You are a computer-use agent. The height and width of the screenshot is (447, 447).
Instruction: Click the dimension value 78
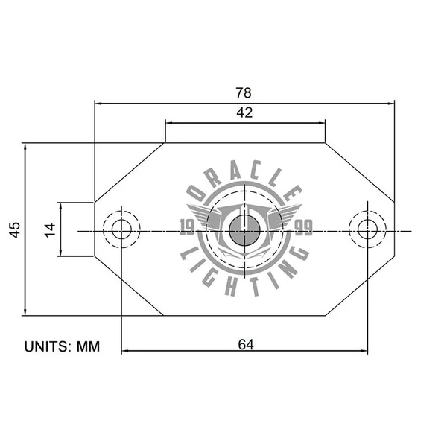click(x=244, y=92)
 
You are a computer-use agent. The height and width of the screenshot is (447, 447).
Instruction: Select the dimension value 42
click(x=244, y=113)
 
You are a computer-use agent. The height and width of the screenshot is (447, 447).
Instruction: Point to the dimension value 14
click(x=50, y=229)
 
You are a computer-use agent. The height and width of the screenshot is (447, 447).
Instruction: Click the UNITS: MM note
click(x=62, y=346)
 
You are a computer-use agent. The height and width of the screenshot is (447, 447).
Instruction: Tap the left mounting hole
click(x=121, y=229)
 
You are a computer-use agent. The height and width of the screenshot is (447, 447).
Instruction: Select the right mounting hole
click(x=367, y=229)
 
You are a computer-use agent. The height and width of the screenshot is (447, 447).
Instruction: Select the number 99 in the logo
click(x=303, y=227)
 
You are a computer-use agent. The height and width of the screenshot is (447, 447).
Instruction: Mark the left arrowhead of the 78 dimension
click(x=98, y=104)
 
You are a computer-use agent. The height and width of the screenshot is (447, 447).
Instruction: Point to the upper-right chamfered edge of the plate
click(x=359, y=171)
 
